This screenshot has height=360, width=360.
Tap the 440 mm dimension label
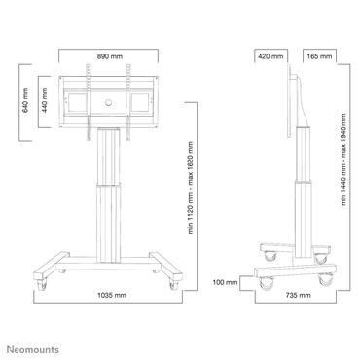pyautogui.click(x=43, y=98)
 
